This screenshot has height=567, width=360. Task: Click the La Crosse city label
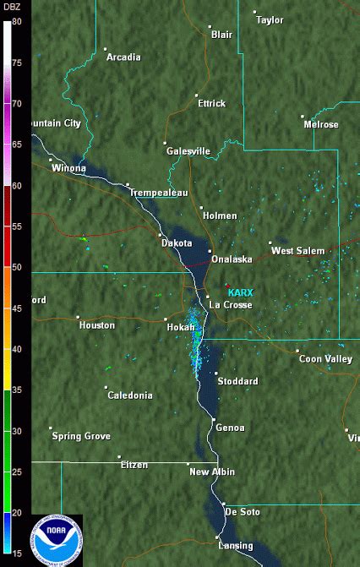coord(231,304)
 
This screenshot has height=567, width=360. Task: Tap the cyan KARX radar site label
coord(240,292)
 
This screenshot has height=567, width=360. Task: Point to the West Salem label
coord(297,251)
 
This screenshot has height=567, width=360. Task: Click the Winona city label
coord(68,168)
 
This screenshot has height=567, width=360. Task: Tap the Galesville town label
coord(188,151)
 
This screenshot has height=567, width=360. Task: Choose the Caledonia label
coord(129,395)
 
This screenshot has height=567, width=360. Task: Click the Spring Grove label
coord(81,436)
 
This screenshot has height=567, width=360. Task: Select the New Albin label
coord(211,472)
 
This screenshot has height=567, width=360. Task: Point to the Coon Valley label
coord(325,359)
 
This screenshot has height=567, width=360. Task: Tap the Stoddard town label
coord(237,381)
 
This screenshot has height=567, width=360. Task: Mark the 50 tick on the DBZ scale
coord(16,267)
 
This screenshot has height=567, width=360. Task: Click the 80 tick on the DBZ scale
coord(16,22)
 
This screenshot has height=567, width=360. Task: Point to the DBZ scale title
coord(12,7)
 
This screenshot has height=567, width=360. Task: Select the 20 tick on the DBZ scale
coord(16,512)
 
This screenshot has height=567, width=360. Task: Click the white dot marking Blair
coord(210,26)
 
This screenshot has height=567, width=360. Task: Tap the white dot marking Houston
coord(78,317)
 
